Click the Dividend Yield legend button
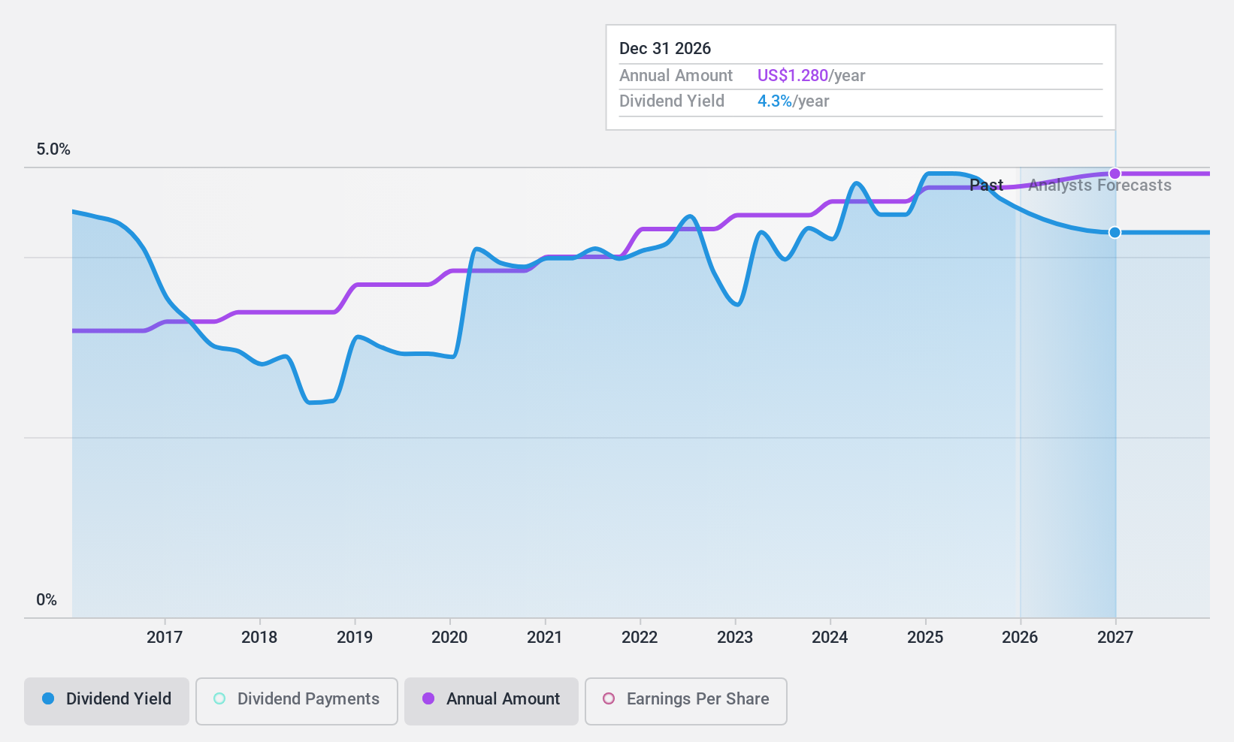[x=106, y=699]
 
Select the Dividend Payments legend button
[x=296, y=699]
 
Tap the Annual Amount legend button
[x=491, y=699]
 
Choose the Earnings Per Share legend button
[x=685, y=699]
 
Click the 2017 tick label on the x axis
[x=165, y=638]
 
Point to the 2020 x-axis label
[x=449, y=638]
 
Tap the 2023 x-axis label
[x=735, y=638]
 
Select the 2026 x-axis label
[x=1020, y=638]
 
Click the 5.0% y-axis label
[x=53, y=149]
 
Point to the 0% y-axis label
[x=47, y=600]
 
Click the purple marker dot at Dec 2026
[x=1115, y=173]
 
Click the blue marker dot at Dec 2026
[x=1115, y=233]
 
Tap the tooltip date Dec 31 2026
[x=665, y=49]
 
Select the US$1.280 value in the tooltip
[x=792, y=76]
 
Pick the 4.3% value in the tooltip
[x=774, y=101]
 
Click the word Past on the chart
[x=986, y=185]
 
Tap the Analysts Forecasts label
[x=1099, y=185]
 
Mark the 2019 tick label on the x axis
[x=355, y=638]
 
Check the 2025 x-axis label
[x=925, y=638]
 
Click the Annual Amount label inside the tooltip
[x=676, y=76]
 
